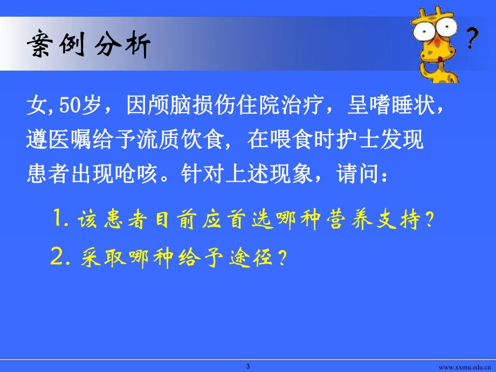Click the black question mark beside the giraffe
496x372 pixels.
tap(472, 38)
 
